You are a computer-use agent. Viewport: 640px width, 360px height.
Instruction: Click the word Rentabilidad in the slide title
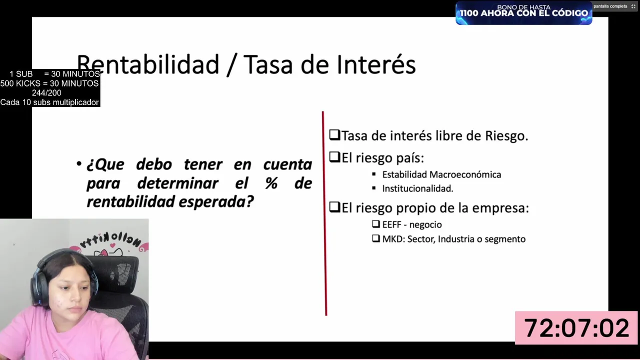pyautogui.click(x=148, y=65)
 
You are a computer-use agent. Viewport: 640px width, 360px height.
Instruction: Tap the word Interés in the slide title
pyautogui.click(x=376, y=64)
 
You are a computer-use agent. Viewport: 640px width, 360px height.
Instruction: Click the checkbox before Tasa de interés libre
pyautogui.click(x=334, y=135)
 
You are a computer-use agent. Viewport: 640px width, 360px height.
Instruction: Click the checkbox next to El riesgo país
pyautogui.click(x=334, y=156)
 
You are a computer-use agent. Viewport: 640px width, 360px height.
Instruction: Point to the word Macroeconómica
pyautogui.click(x=465, y=174)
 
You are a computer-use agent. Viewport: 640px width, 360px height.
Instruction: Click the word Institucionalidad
pyautogui.click(x=417, y=188)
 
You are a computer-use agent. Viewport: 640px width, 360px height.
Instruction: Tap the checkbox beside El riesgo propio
pyautogui.click(x=334, y=207)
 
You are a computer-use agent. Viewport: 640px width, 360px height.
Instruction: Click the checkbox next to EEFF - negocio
pyautogui.click(x=376, y=223)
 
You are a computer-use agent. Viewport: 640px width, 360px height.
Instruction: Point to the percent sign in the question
pyautogui.click(x=271, y=183)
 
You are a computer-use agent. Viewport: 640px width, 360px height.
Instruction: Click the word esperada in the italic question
pyautogui.click(x=216, y=202)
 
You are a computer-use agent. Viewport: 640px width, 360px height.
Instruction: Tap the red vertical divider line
pyautogui.click(x=324, y=213)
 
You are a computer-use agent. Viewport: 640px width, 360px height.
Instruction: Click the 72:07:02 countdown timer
pyautogui.click(x=576, y=327)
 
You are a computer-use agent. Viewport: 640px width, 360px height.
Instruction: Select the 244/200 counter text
pyautogui.click(x=46, y=93)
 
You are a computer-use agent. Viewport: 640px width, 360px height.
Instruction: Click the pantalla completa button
pyautogui.click(x=614, y=6)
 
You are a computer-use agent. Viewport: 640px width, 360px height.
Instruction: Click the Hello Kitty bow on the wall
pyautogui.click(x=103, y=252)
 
